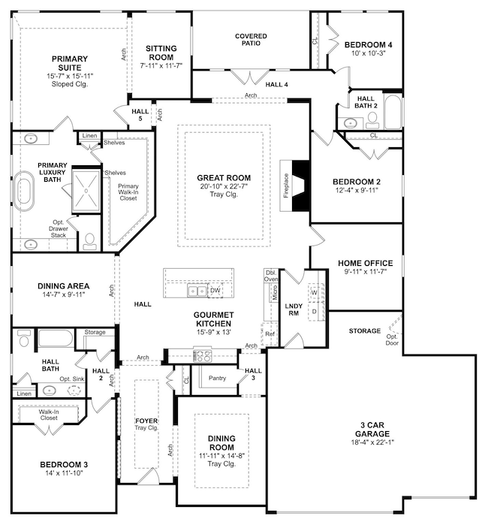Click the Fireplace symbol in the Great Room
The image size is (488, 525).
298,184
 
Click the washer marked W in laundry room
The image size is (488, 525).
315,292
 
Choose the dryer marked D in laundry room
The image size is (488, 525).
315,309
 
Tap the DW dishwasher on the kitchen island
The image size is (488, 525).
215,290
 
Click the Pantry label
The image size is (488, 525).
218,378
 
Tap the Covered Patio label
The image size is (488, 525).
252,40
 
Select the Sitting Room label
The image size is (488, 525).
159,53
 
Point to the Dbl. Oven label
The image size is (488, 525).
271,276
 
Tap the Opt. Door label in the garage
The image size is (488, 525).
391,339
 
